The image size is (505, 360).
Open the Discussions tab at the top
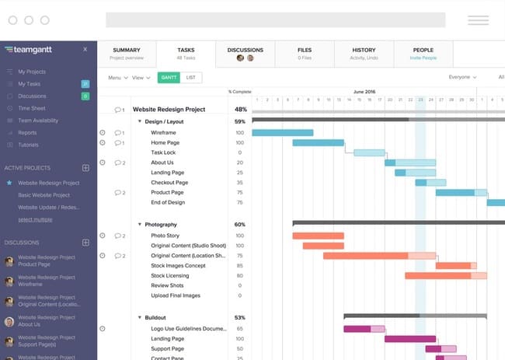click(245, 54)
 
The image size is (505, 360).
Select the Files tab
click(304, 54)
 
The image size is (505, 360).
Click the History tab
click(363, 54)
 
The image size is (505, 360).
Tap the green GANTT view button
click(168, 78)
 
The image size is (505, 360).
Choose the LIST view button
click(190, 78)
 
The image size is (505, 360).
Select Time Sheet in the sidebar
click(31, 109)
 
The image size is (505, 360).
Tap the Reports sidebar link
click(28, 133)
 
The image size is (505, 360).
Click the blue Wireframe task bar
click(282, 133)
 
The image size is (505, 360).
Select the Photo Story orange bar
click(318, 236)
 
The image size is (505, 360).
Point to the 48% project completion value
click(240, 110)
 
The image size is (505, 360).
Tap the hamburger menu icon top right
click(478, 20)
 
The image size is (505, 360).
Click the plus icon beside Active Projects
click(85, 168)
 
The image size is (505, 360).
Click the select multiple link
click(35, 220)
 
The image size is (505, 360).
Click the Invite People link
click(423, 57)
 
